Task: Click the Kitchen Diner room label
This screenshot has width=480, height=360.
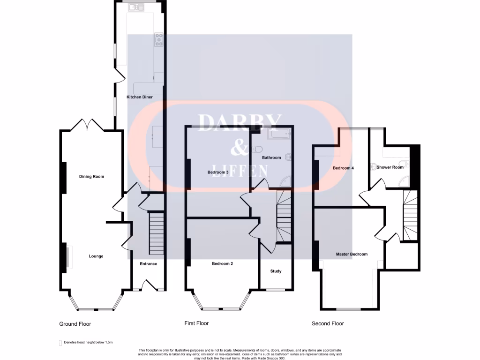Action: click(x=139, y=97)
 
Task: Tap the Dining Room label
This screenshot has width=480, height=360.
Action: click(x=91, y=177)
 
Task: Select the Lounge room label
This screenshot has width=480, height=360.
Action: click(x=96, y=256)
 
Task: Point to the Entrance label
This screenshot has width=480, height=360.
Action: click(x=149, y=264)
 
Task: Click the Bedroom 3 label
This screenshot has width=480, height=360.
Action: click(x=218, y=172)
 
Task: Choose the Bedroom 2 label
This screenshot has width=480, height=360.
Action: click(x=222, y=264)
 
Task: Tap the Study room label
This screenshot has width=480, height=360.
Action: click(x=276, y=271)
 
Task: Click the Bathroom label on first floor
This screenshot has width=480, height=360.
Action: click(x=271, y=158)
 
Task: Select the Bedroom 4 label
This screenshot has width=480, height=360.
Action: click(x=343, y=168)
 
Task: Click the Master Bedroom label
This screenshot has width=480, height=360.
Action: click(x=352, y=255)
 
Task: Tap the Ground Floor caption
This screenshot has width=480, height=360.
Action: click(x=75, y=324)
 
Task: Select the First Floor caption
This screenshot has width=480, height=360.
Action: click(x=197, y=323)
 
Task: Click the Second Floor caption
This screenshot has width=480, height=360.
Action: click(x=328, y=323)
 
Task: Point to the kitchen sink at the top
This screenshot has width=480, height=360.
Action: click(x=135, y=7)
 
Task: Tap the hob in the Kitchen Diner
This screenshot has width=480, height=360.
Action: click(x=158, y=40)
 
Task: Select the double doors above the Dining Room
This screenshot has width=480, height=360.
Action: click(x=88, y=124)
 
